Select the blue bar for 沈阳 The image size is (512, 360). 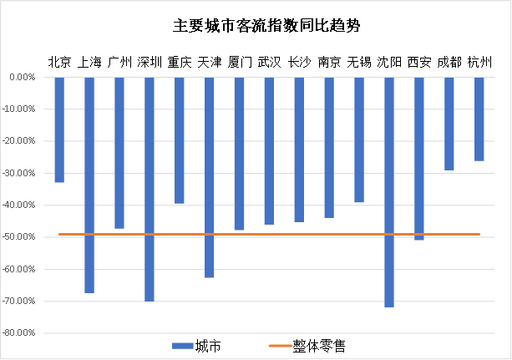coord(389,192)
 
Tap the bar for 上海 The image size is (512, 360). coord(89,185)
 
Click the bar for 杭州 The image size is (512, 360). coord(479,119)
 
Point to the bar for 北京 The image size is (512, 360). coord(59,129)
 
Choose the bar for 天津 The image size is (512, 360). coord(209,177)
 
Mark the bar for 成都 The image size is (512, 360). coord(449,124)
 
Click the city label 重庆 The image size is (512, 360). coord(180,62)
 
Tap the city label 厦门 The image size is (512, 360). coord(240,62)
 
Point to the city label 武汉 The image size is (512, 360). coord(270,62)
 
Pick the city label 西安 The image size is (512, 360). coord(419,62)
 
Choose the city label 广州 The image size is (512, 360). coord(119,62)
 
